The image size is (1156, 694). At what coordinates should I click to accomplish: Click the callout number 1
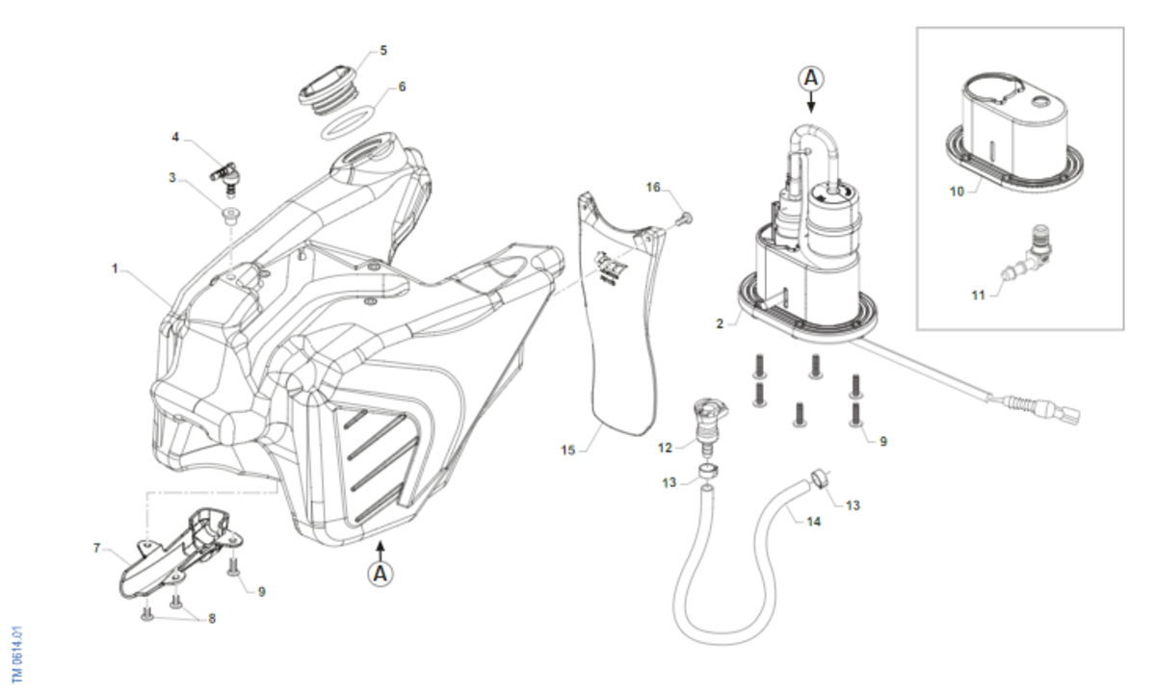(114, 270)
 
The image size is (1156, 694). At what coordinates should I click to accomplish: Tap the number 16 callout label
(653, 188)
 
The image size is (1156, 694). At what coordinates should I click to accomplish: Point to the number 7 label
(96, 548)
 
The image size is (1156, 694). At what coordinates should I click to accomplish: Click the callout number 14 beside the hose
(814, 521)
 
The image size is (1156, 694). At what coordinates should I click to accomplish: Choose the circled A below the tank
(381, 574)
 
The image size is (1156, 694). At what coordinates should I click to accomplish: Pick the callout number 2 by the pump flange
(720, 324)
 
